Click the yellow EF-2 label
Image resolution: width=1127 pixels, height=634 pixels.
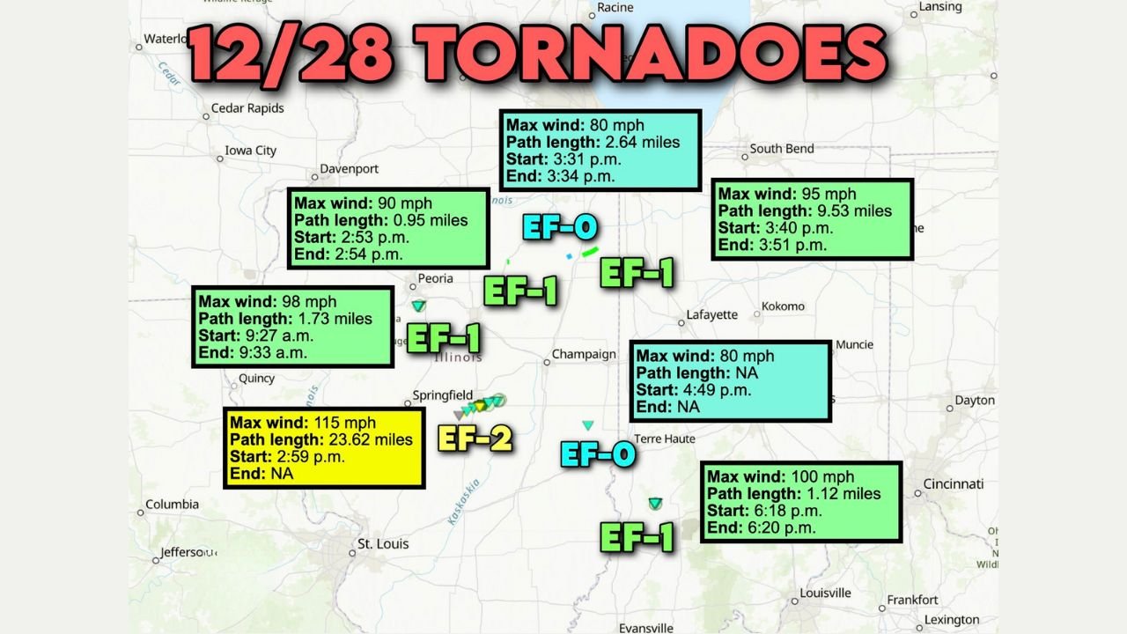click(475, 438)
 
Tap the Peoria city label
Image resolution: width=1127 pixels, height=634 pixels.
click(435, 278)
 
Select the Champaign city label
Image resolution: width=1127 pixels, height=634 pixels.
click(584, 355)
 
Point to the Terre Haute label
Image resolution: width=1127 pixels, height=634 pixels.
click(665, 439)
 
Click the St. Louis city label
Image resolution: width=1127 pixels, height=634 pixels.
click(383, 544)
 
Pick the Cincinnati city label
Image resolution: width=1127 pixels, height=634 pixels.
click(953, 484)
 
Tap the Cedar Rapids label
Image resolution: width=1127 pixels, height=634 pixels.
click(247, 108)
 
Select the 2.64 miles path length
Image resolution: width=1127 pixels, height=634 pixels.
click(640, 142)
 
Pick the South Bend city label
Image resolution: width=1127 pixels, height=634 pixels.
click(782, 149)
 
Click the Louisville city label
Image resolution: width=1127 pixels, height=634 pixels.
click(825, 593)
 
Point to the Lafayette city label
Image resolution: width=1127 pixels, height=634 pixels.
click(712, 314)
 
